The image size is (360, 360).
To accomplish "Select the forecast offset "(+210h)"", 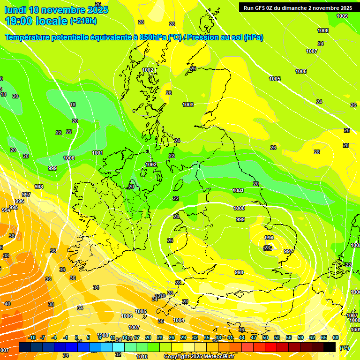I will tap(83, 21).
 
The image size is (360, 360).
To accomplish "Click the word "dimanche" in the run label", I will tap(295, 8).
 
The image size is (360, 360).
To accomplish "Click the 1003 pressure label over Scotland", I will tap(188, 105).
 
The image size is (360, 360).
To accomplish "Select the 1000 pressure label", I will tap(239, 208).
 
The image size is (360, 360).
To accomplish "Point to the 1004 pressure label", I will tap(179, 320).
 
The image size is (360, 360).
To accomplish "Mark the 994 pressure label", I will tap(6, 210).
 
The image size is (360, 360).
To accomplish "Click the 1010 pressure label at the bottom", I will tap(142, 357).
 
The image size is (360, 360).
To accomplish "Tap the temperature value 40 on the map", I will tap(7, 304).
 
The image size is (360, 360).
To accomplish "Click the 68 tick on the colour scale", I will tap(336, 337).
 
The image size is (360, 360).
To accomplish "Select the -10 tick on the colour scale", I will tap(32, 337).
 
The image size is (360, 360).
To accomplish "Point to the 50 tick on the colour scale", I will tap(265, 337).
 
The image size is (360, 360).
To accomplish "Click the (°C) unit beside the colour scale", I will tap(345, 347).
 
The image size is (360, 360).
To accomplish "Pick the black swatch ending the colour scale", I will tap(330, 347).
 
